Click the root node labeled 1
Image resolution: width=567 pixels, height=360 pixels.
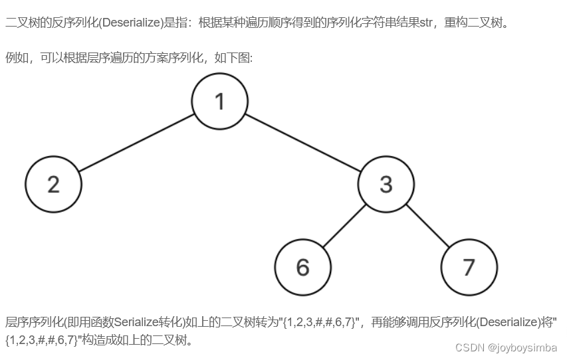pyautogui.click(x=219, y=102)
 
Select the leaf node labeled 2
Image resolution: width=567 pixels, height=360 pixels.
pyautogui.click(x=53, y=184)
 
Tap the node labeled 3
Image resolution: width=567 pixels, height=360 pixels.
pyautogui.click(x=386, y=184)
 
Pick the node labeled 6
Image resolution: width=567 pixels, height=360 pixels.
pyautogui.click(x=302, y=267)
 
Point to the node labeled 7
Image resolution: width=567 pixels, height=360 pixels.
pyautogui.click(x=469, y=267)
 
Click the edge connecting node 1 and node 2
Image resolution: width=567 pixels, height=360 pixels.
pyautogui.click(x=136, y=143)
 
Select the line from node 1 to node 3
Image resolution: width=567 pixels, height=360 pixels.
pyautogui.click(x=302, y=143)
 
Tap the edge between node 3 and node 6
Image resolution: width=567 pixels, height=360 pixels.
pyautogui.click(x=345, y=225)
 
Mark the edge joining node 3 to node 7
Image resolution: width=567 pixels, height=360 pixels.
pyautogui.click(x=427, y=225)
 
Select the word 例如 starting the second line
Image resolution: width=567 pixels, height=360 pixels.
pyautogui.click(x=15, y=58)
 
